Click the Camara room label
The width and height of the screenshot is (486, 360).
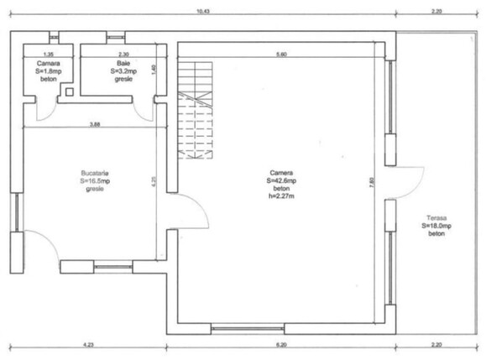(48, 63)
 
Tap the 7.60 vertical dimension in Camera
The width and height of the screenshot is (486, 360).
(370, 180)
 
